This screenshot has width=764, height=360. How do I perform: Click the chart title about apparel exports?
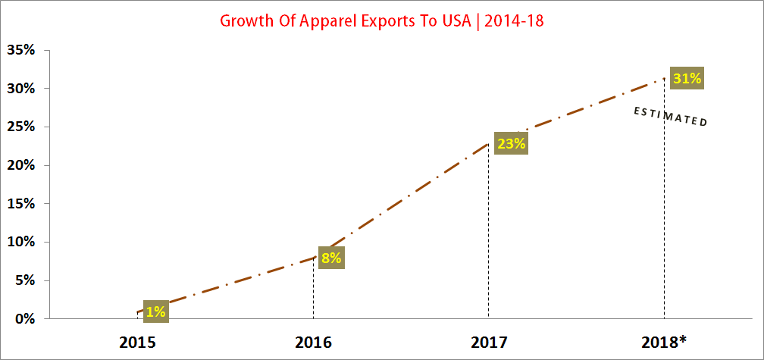[x=382, y=20]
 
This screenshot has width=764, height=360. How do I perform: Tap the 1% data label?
[x=155, y=310]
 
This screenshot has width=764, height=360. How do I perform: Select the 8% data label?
[x=330, y=258]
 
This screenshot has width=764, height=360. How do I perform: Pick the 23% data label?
[x=510, y=143]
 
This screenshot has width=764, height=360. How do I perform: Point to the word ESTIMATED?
[x=670, y=117]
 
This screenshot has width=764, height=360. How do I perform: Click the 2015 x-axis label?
[x=137, y=341]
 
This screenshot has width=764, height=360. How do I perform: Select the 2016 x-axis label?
[x=313, y=341]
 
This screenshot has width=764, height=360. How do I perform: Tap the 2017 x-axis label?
[x=488, y=341]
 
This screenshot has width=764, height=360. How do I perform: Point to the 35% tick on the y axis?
[x=20, y=51]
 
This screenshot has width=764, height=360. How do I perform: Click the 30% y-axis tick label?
[x=20, y=89]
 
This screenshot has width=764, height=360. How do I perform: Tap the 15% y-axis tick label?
[x=20, y=204]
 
